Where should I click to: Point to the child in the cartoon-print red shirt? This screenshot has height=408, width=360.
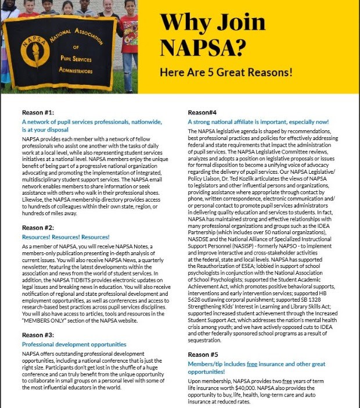click(129, 35)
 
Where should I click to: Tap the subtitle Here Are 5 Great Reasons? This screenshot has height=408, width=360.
click(226, 74)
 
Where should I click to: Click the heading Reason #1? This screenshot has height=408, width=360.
click(38, 112)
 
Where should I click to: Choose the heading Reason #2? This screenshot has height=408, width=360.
click(38, 227)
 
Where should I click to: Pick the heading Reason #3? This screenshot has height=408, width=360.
click(38, 335)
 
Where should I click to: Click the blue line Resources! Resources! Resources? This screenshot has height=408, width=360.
click(66, 237)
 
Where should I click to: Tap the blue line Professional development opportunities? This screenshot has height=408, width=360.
click(74, 345)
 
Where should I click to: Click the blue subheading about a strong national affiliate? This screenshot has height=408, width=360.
click(258, 121)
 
